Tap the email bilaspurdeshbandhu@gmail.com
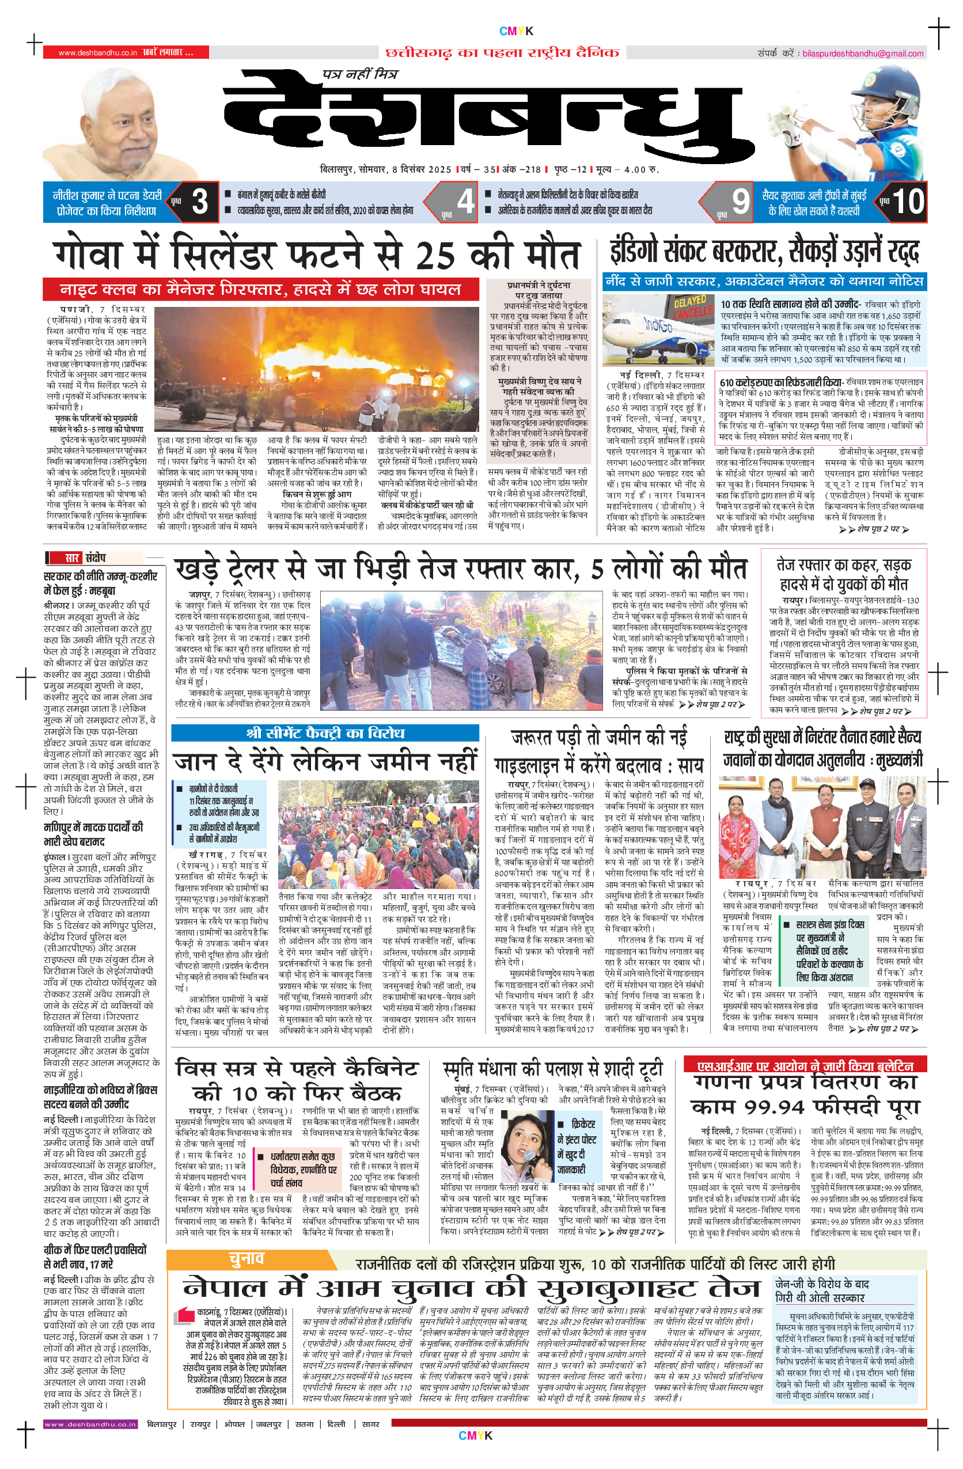coord(862,54)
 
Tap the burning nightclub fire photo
coord(316,369)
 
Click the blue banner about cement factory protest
coord(325,732)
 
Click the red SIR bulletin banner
coord(805,1066)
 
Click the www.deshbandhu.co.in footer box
coord(90,1424)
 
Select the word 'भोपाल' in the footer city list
coord(234,1424)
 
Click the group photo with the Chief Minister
coord(822,827)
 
